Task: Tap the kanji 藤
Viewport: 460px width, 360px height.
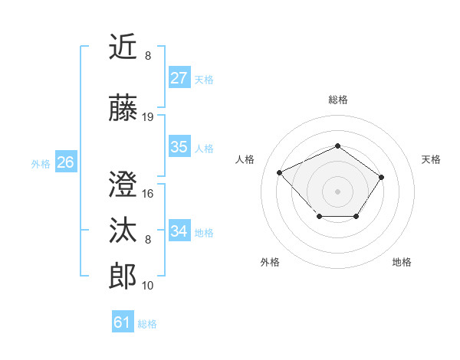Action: [x=123, y=108]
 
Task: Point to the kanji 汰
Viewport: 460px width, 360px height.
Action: [x=123, y=231]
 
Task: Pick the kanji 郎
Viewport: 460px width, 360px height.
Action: [x=123, y=277]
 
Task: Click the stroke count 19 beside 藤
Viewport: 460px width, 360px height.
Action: [x=148, y=117]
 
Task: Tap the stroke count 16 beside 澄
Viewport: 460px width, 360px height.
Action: [x=148, y=194]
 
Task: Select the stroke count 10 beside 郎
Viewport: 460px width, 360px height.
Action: [x=148, y=286]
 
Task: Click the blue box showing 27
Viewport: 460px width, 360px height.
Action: [x=179, y=78]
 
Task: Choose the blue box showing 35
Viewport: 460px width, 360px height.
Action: [x=179, y=147]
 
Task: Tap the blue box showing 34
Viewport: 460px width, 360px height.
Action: [x=179, y=231]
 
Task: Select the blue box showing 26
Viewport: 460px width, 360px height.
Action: [x=65, y=162]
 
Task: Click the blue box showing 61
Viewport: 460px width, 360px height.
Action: [x=123, y=322]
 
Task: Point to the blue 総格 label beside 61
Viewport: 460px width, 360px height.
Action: [x=147, y=324]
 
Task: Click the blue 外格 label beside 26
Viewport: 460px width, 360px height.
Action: [x=41, y=163]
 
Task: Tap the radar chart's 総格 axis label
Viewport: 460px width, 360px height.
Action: [x=337, y=100]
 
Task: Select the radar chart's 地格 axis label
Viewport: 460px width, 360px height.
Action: [x=402, y=262]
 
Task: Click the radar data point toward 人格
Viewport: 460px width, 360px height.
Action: [x=280, y=172]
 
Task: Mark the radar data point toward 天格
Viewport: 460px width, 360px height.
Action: [x=381, y=177]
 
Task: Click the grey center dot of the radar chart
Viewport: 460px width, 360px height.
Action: [x=337, y=191]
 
